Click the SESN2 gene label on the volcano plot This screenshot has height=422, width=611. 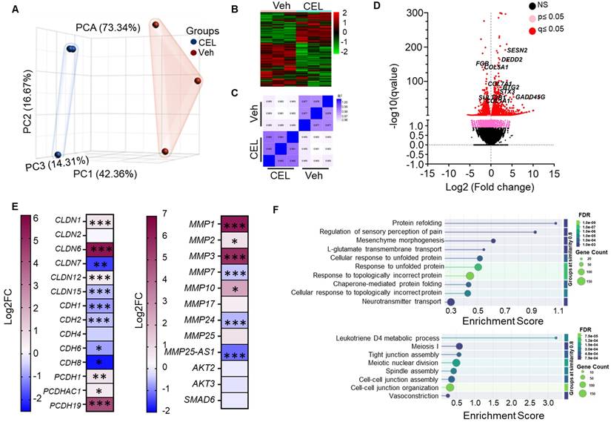pos(516,50)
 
